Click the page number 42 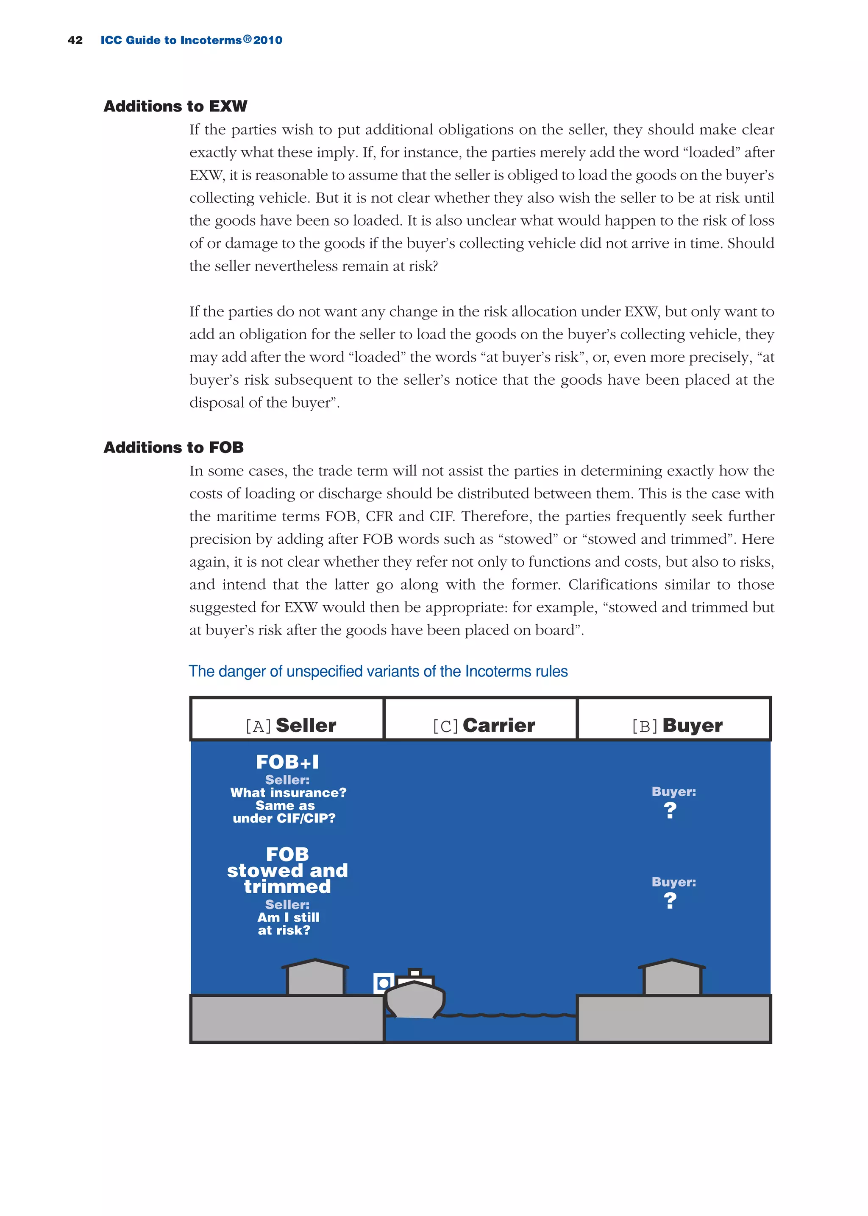click(75, 40)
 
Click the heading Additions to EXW click(175, 106)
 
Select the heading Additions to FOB click(174, 447)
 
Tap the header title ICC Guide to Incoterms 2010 click(191, 40)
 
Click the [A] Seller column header click(290, 725)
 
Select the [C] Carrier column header click(484, 725)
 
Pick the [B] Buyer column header click(677, 725)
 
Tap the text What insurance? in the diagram click(288, 792)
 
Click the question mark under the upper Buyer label click(670, 811)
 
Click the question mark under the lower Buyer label click(670, 901)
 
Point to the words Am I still click(288, 917)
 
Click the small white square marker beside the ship click(383, 983)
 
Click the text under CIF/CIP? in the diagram click(284, 818)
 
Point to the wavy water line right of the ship click(508, 1015)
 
